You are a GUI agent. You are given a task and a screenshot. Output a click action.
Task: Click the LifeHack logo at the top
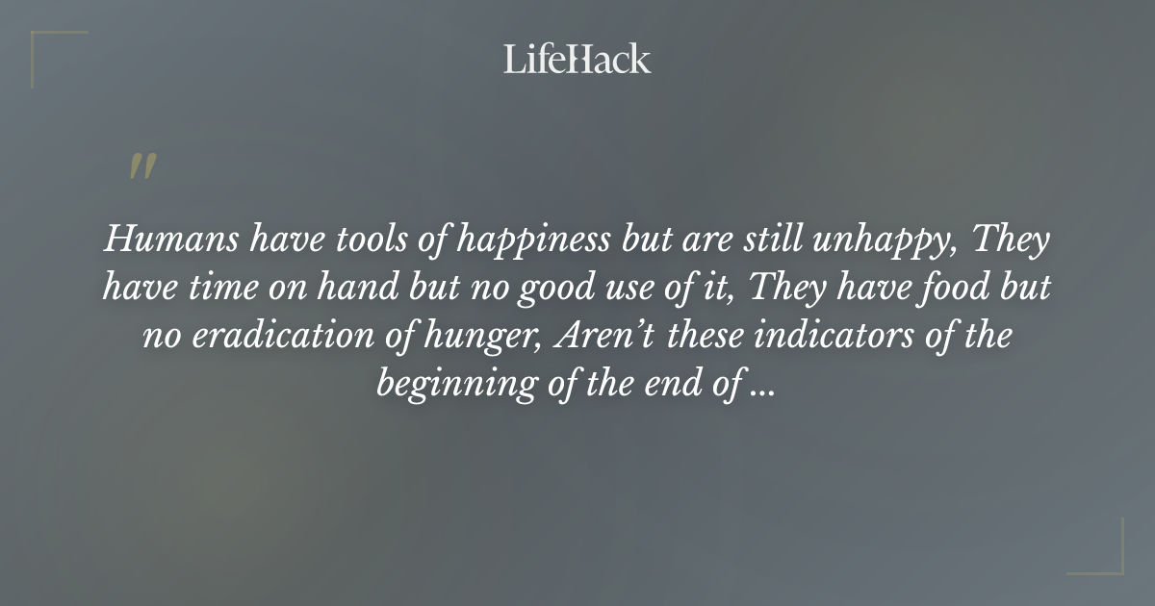point(577,59)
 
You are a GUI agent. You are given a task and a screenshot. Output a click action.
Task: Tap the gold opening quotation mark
point(141,166)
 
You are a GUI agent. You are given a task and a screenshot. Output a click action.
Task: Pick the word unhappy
point(887,241)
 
